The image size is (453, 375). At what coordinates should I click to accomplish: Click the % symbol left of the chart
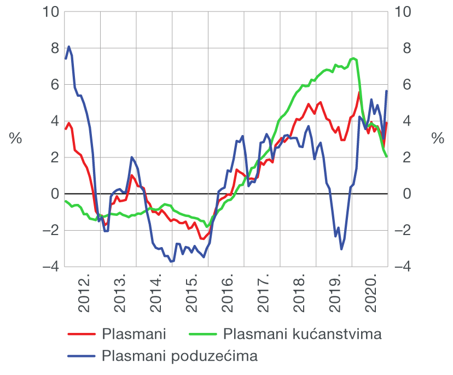point(15,139)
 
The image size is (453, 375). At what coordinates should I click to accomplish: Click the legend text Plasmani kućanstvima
point(303,333)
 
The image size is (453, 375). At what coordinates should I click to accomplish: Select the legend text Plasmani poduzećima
point(179,356)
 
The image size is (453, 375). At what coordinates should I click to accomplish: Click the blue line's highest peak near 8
point(69,47)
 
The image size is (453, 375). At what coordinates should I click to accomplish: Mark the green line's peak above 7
point(353,58)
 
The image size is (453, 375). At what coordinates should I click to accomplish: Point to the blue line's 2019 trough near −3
point(341,249)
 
